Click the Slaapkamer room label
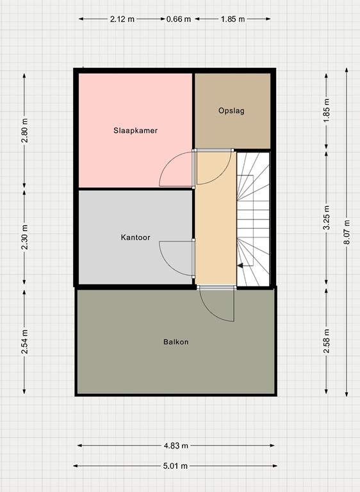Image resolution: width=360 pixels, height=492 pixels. click(x=135, y=130)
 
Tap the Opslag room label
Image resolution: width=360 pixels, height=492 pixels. click(x=231, y=110)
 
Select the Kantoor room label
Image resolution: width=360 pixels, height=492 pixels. click(x=135, y=237)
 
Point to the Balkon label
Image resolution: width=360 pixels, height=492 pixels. click(x=176, y=341)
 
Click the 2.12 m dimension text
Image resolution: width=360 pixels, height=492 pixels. click(x=122, y=19)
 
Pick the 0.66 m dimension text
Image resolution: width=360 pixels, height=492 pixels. click(x=179, y=19)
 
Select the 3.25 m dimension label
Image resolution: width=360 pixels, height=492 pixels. click(x=327, y=217)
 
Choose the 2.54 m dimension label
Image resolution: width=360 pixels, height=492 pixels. click(x=25, y=341)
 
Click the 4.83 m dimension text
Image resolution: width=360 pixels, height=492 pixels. click(x=176, y=446)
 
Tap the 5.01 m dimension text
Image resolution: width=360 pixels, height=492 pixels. click(x=176, y=466)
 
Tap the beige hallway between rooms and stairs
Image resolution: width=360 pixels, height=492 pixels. click(x=215, y=218)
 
